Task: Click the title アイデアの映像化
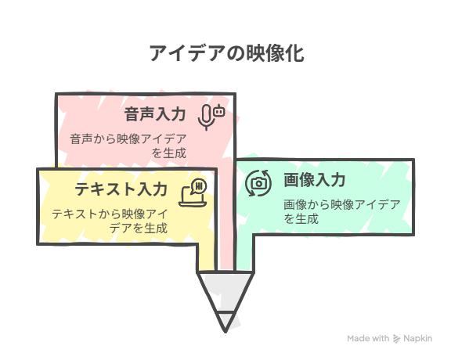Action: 226,53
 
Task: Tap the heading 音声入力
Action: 155,114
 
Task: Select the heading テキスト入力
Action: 121,189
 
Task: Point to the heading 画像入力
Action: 315,180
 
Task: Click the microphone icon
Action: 206,117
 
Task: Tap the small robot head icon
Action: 219,110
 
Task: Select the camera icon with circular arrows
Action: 258,183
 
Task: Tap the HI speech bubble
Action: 199,186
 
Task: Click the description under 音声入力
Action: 128,146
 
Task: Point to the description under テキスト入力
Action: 110,221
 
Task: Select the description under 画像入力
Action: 342,212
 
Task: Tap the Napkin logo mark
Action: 397,339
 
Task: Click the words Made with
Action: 368,338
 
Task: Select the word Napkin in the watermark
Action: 417,339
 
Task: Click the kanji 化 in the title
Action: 295,53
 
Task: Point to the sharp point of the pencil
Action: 225,332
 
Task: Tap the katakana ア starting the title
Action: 158,53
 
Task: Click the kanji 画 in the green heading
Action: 291,180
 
